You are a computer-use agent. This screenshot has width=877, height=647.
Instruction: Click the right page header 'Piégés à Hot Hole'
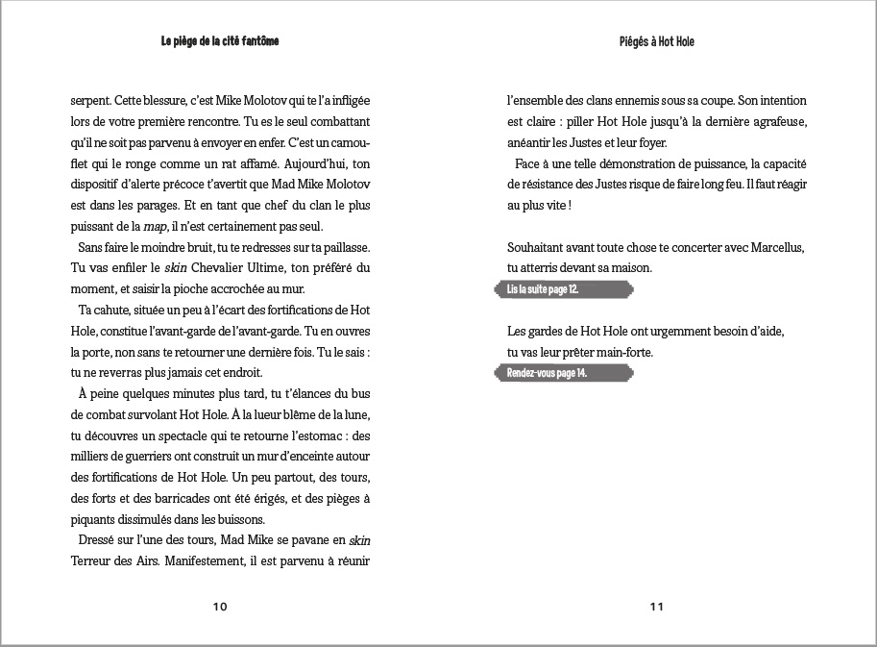click(657, 42)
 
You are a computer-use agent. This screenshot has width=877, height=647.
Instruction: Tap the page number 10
click(220, 607)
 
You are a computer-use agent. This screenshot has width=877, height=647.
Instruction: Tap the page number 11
click(657, 607)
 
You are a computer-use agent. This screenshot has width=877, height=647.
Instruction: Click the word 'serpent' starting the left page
click(90, 100)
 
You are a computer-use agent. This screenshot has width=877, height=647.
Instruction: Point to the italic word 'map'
click(184, 227)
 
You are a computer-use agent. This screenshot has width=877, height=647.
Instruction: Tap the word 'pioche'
click(207, 290)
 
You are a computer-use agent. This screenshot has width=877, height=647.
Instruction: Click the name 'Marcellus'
click(774, 248)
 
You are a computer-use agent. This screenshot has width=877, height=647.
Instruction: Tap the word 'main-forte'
click(621, 353)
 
